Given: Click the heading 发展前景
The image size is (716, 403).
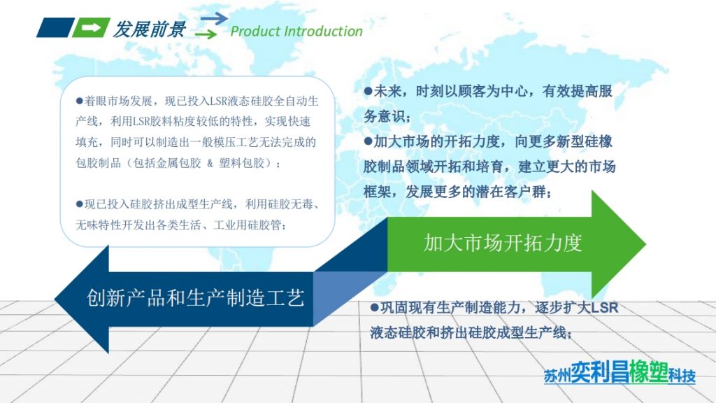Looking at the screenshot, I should pos(149,29).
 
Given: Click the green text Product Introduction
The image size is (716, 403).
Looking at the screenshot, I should pos(296,31).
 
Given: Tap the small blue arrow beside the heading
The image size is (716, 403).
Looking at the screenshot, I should pos(214,18).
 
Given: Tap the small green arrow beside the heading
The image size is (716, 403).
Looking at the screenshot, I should pos(206,34).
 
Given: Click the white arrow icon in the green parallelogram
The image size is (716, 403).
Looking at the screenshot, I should pos(91,28).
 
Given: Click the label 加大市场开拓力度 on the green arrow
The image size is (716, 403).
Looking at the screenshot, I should pos(502,243).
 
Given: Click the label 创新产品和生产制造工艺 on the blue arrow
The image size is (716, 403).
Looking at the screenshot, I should pos(196,298).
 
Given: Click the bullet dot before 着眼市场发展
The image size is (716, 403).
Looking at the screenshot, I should pos(80,101).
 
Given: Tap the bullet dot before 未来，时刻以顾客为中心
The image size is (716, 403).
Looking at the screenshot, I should pos(368,91).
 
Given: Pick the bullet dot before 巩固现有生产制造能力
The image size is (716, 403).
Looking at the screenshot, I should pos(374,308).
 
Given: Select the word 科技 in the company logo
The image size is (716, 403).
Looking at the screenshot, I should pos(682,376).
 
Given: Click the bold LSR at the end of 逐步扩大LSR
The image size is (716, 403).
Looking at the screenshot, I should pos(604,308).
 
